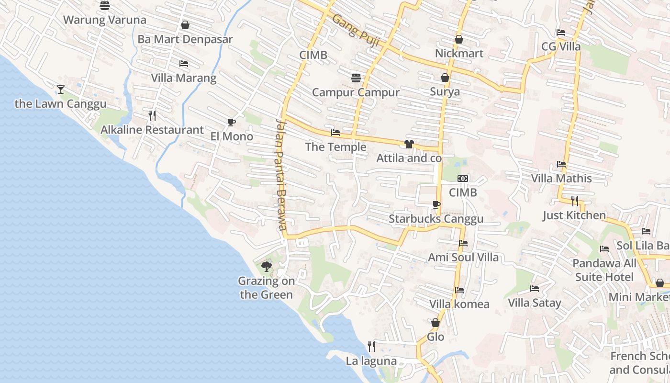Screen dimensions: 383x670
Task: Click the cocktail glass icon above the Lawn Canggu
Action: [61, 89]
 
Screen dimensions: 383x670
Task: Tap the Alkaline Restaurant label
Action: [152, 130]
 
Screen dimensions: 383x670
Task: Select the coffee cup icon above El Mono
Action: [232, 123]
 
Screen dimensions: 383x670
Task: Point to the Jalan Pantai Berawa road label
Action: [282, 174]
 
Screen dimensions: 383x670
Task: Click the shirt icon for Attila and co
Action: [409, 144]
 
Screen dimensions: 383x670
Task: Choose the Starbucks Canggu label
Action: [436, 219]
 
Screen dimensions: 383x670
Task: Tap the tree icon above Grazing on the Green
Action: [267, 267]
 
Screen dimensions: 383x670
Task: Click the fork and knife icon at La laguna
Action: [371, 346]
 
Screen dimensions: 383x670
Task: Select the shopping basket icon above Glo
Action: [435, 323]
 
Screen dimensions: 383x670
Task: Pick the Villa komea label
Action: [459, 304]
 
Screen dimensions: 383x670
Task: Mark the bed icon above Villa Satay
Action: [535, 289]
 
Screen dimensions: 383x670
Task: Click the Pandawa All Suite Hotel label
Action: [604, 270]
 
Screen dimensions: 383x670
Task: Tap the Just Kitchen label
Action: [574, 215]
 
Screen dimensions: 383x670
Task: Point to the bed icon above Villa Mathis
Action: [561, 164]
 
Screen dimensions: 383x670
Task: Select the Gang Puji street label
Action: [356, 30]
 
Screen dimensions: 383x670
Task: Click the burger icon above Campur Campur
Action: [356, 78]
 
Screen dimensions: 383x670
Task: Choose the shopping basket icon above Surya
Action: [445, 78]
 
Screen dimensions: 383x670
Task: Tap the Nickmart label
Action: [459, 53]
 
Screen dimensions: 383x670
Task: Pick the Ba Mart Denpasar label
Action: [185, 39]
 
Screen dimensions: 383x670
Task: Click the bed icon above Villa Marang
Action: [184, 64]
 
